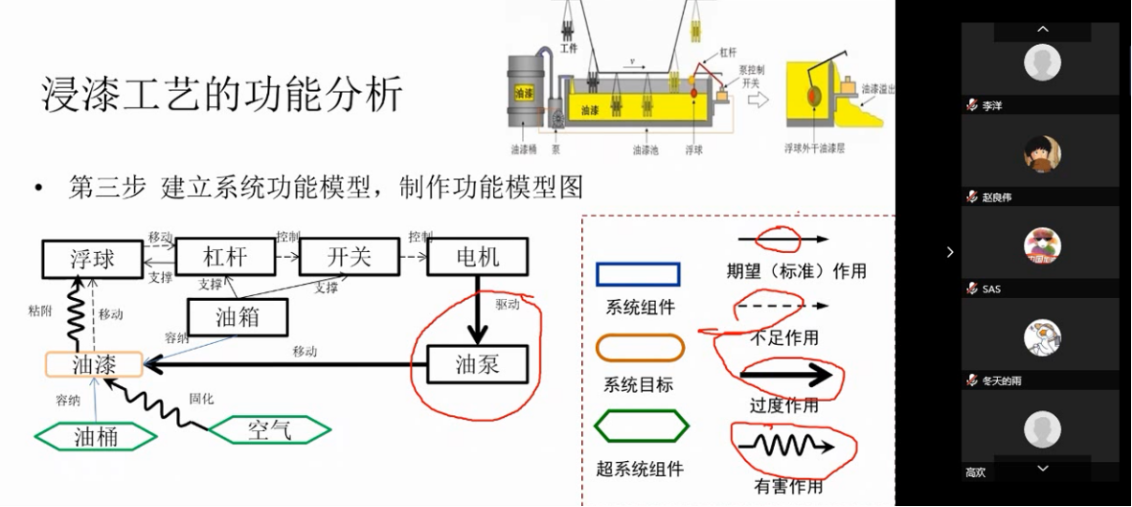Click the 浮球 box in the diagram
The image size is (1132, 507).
click(x=93, y=258)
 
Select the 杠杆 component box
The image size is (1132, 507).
click(x=225, y=257)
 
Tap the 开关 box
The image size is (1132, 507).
click(x=349, y=257)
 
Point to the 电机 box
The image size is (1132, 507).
click(x=476, y=257)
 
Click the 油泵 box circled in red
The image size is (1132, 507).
click(x=477, y=364)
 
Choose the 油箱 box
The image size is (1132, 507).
click(x=238, y=317)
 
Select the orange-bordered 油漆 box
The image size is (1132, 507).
click(x=94, y=364)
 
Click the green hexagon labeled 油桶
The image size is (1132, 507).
click(x=95, y=436)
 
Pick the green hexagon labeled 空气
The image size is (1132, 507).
click(x=269, y=430)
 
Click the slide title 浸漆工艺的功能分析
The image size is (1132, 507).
click(x=222, y=96)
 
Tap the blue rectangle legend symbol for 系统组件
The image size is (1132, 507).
click(x=638, y=275)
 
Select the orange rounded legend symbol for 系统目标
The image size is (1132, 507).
click(x=640, y=347)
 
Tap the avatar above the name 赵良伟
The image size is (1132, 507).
click(x=1042, y=154)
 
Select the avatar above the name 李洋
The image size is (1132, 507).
click(x=1042, y=64)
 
